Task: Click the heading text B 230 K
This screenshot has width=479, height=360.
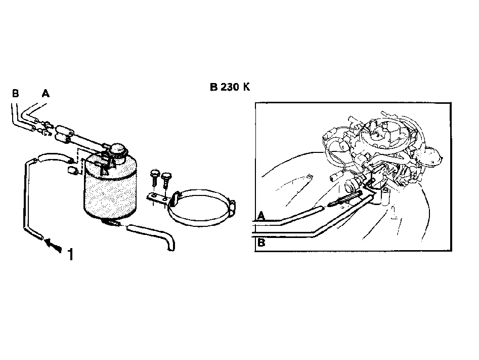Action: click(x=230, y=87)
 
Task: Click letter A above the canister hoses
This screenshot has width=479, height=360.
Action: click(x=46, y=93)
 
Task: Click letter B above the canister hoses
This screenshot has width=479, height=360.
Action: click(x=16, y=93)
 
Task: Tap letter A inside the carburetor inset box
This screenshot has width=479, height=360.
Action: click(x=261, y=216)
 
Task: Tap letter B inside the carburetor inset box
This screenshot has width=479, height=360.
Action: click(x=261, y=243)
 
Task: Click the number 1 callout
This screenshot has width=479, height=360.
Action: click(x=71, y=254)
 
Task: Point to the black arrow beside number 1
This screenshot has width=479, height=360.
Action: click(x=53, y=246)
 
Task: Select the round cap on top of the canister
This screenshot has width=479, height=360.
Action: click(x=118, y=150)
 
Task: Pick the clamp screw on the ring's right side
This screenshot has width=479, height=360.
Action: click(x=232, y=208)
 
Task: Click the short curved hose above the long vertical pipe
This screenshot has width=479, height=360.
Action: click(x=55, y=157)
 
